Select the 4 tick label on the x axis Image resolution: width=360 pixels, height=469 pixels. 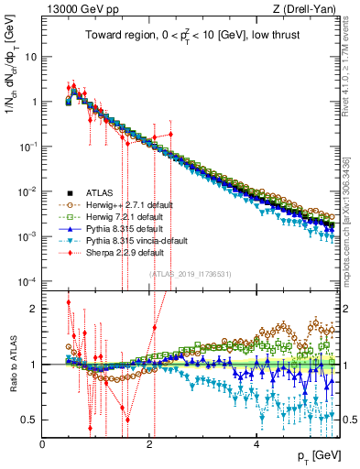click(x=256, y=443)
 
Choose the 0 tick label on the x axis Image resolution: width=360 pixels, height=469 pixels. click(x=42, y=443)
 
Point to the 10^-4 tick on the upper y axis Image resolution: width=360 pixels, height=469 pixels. click(x=26, y=280)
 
